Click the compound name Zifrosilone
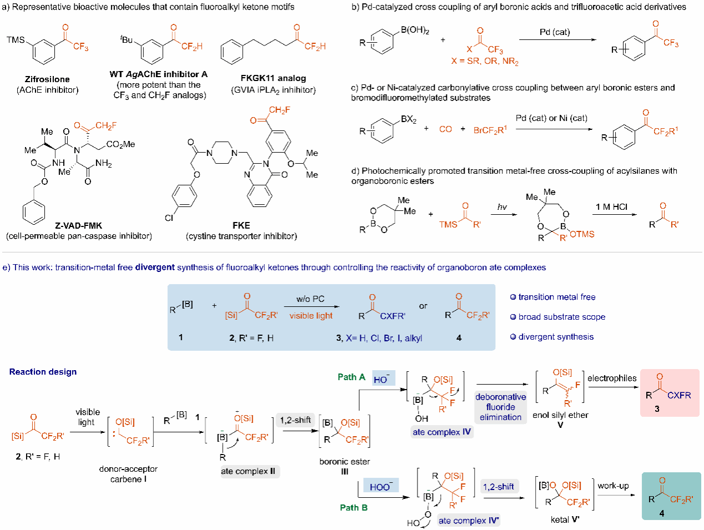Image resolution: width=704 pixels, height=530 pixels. coord(47,79)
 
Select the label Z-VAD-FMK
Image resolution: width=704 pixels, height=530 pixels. coord(78,225)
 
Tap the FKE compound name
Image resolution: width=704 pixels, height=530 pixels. coord(242,225)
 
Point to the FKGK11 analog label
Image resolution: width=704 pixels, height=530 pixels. coord(273,78)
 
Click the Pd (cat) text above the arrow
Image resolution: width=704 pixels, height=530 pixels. coord(554,32)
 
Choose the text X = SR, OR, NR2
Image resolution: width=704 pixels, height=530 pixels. coord(485,62)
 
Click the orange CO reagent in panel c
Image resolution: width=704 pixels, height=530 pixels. coord(445,129)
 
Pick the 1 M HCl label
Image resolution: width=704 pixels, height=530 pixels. coord(611,207)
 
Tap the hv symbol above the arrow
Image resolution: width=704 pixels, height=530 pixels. coord(502,207)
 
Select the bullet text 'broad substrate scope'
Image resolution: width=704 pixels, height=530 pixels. coord(561,317)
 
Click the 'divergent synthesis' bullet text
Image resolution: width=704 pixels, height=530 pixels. coord(556,337)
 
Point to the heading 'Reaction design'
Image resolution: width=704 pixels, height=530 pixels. coord(43,372)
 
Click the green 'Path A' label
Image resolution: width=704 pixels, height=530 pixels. coord(351,377)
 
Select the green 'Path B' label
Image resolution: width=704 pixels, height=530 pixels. coord(354,507)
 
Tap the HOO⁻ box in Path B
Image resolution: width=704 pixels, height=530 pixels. coord(380,487)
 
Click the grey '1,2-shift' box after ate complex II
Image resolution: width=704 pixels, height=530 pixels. coord(295,420)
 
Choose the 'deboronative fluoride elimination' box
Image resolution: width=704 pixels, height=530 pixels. coord(500,407)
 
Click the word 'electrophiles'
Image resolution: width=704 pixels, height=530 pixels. coord(612,378)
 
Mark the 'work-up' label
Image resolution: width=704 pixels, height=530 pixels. coord(613,486)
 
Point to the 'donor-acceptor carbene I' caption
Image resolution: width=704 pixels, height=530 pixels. coord(128,474)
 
